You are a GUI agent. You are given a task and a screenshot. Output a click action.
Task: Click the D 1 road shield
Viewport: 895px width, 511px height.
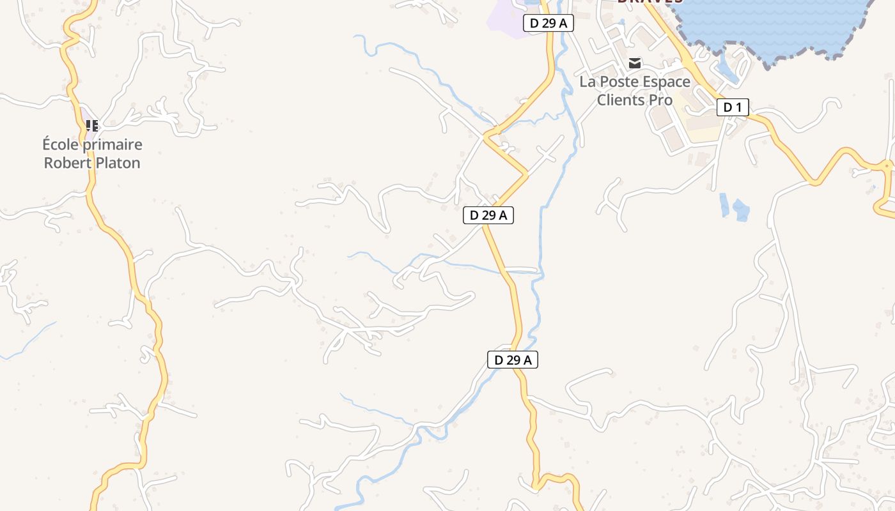coord(732,107)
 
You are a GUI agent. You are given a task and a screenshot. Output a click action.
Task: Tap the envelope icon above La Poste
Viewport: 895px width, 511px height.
coord(635,63)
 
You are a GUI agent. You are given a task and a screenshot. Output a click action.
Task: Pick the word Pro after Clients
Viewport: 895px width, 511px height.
coord(661,100)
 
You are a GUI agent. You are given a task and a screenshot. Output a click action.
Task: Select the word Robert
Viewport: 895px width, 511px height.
coord(65,163)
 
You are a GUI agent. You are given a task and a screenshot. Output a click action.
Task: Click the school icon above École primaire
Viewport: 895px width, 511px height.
coord(92,126)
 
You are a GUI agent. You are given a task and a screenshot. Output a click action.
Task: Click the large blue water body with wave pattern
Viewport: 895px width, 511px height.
coord(774,26)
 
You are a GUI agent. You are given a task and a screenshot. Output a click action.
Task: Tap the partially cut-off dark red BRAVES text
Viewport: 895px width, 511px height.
coord(650,2)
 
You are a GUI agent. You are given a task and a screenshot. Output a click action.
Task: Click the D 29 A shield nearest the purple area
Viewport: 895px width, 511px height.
coord(548,24)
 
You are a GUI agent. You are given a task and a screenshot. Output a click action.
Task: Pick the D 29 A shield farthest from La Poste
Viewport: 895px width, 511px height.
coord(512,360)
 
